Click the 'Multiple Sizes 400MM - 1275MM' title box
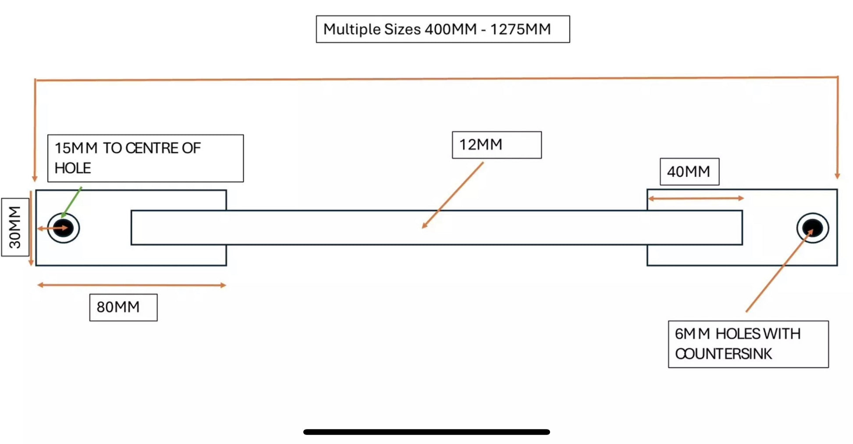[x=443, y=29]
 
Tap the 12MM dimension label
[x=496, y=145]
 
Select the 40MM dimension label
[x=689, y=172]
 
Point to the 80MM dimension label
[x=123, y=307]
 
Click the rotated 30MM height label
[x=15, y=227]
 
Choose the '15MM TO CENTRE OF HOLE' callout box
[x=145, y=158]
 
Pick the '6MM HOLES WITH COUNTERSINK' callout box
[x=748, y=344]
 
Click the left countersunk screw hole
[x=63, y=228]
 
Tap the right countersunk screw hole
[x=812, y=228]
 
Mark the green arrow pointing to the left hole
[x=72, y=202]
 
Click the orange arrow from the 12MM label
[x=452, y=195]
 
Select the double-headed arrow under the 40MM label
[x=696, y=198]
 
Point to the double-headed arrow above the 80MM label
[x=132, y=285]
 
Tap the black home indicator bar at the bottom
[x=426, y=432]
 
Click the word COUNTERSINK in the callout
[x=723, y=354]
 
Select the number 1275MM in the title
[x=520, y=29]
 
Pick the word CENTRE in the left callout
[x=152, y=148]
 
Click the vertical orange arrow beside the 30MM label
[x=31, y=228]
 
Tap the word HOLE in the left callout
[x=73, y=168]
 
